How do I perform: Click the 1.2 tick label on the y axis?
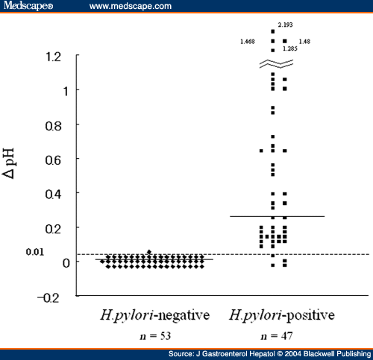point(53,57)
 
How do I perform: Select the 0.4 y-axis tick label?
point(53,194)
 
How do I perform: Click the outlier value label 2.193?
point(285,25)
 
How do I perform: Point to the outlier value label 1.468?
point(248,41)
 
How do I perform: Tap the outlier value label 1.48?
point(304,41)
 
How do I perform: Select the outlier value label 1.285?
point(290,49)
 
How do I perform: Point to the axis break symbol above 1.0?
point(273,64)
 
